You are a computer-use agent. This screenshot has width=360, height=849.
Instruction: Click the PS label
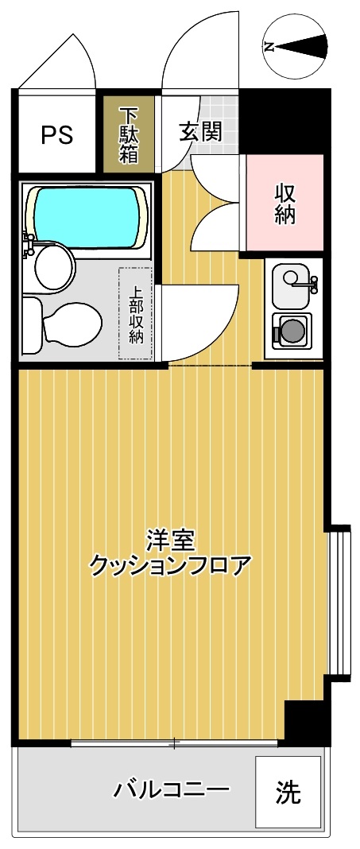pos(57,134)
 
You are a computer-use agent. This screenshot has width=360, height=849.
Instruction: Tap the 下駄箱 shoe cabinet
pos(129,135)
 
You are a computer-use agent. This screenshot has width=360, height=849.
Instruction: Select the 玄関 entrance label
pos(201,131)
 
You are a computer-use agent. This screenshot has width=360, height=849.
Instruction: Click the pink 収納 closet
pos(285,204)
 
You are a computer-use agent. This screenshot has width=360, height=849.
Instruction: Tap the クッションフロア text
pos(170,566)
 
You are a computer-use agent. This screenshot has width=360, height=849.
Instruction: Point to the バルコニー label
pos(171,790)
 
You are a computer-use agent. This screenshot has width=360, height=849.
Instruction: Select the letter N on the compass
pos(269,47)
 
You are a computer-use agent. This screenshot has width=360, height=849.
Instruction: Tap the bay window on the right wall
pos(340,600)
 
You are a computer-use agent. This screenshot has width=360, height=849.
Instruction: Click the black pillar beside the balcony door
pos(306,723)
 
